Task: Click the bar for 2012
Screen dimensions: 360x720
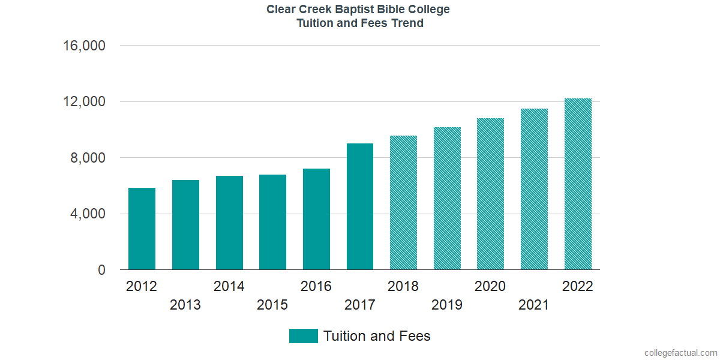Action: click(x=142, y=229)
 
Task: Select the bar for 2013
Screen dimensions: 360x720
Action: click(x=185, y=225)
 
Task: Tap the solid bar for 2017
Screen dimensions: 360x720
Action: click(x=360, y=207)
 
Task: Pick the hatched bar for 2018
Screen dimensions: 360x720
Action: click(x=403, y=203)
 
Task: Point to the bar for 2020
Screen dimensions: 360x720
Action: click(x=490, y=194)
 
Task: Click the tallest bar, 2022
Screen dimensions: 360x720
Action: click(x=578, y=184)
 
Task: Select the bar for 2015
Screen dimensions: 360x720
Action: click(x=272, y=223)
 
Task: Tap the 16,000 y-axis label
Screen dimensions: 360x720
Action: click(x=85, y=46)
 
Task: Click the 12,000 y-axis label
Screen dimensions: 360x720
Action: click(x=85, y=102)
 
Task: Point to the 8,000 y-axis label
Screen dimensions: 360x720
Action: click(x=88, y=158)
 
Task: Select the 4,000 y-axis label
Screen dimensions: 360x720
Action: click(x=88, y=214)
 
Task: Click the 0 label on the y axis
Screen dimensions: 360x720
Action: click(x=101, y=271)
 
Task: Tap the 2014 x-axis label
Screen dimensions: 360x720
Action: click(x=229, y=286)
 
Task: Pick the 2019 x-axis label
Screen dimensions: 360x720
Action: click(x=447, y=305)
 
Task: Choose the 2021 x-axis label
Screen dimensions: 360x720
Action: click(x=533, y=305)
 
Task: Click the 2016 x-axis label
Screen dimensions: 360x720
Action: click(x=316, y=286)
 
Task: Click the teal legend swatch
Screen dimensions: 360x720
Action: click(x=303, y=336)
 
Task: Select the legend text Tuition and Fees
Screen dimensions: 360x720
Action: click(x=377, y=336)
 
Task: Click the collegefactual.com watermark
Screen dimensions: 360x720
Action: click(x=680, y=353)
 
